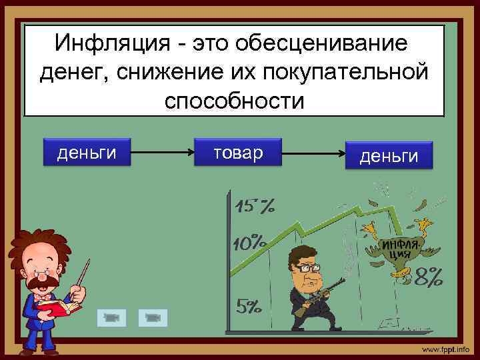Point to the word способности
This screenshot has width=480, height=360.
[x=234, y=101]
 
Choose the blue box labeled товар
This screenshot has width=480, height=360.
[x=238, y=153]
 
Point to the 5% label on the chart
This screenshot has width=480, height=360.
[x=249, y=307]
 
